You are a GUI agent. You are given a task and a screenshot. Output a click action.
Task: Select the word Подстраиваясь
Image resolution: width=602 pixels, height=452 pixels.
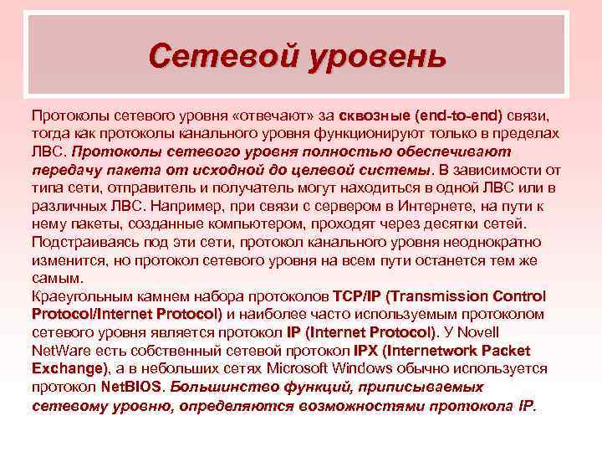pos(82,242)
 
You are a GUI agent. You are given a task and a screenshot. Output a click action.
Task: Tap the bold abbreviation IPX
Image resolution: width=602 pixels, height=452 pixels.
pos(368,351)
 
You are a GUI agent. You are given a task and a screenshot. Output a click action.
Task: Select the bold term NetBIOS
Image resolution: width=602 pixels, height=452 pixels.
pos(134,388)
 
